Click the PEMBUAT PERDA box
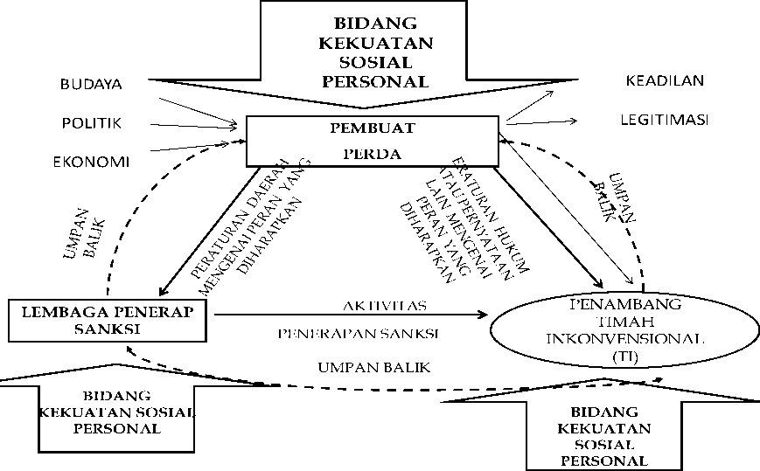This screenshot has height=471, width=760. [x=373, y=141]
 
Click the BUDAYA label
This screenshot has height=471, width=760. [x=90, y=85]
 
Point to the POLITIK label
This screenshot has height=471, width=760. [x=91, y=123]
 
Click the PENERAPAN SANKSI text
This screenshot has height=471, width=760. [x=358, y=334]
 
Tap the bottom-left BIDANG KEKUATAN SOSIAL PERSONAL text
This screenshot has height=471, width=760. [x=116, y=412]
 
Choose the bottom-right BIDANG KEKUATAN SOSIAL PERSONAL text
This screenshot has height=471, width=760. [x=604, y=435]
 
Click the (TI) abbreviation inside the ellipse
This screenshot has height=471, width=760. [x=624, y=357]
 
